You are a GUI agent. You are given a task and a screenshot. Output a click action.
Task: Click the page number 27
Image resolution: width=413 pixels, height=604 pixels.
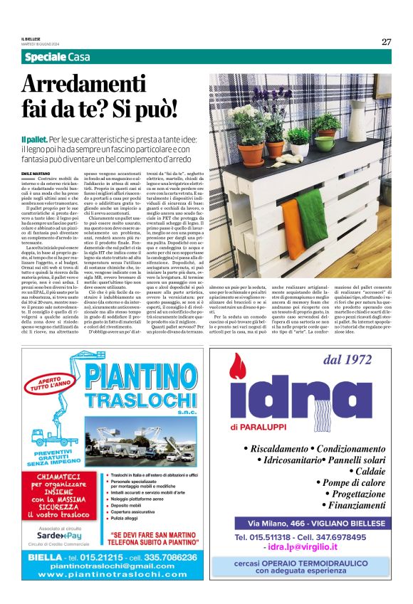point(386,41)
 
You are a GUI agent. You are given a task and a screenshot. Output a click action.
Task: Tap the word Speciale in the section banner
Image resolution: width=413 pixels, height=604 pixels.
point(45,58)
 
